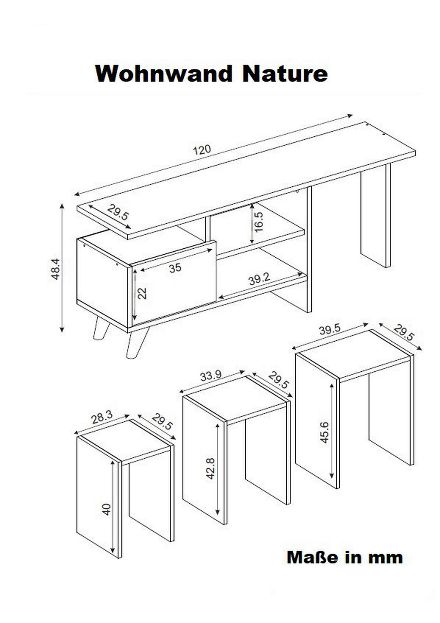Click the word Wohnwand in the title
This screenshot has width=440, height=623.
tap(164, 74)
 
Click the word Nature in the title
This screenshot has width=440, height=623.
tap(285, 74)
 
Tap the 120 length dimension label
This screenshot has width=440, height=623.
tap(202, 150)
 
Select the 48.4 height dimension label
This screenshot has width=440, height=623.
tap(55, 269)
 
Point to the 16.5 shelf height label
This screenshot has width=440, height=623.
tap(258, 222)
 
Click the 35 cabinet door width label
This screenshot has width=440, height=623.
tap(175, 268)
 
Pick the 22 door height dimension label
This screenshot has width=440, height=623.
tap(142, 294)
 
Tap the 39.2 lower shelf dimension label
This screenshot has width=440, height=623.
tap(259, 279)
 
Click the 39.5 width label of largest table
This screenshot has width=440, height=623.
tap(330, 330)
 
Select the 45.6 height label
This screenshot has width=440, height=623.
tap(324, 432)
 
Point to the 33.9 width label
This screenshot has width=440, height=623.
tap(211, 376)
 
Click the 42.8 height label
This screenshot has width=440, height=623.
tap(211, 469)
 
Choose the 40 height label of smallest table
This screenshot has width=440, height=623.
tap(106, 510)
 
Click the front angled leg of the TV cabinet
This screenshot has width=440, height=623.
tap(137, 343)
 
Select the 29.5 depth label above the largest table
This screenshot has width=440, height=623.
tap(404, 333)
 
